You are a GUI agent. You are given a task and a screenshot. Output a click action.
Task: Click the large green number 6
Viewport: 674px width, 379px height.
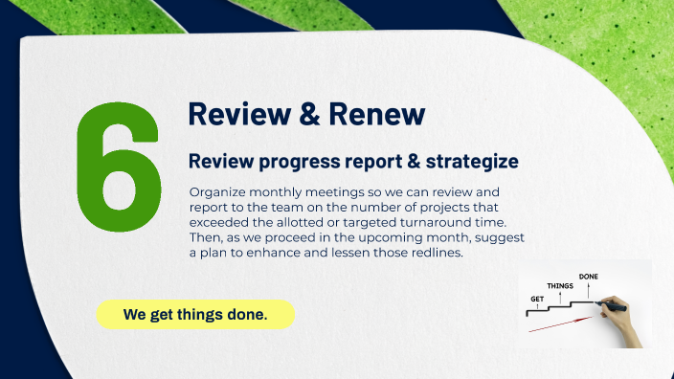118,167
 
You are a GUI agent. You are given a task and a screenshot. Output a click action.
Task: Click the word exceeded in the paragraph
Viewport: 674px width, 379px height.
222,222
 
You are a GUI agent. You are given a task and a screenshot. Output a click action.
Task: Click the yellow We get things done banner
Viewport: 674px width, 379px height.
195,314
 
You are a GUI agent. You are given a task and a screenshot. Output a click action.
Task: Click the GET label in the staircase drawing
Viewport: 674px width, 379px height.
538,300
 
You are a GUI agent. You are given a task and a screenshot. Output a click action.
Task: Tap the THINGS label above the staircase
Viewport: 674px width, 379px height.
560,286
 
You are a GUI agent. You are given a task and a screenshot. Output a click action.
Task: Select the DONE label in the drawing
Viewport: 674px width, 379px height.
589,277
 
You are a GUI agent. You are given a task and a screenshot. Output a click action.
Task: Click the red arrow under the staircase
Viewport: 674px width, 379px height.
555,326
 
